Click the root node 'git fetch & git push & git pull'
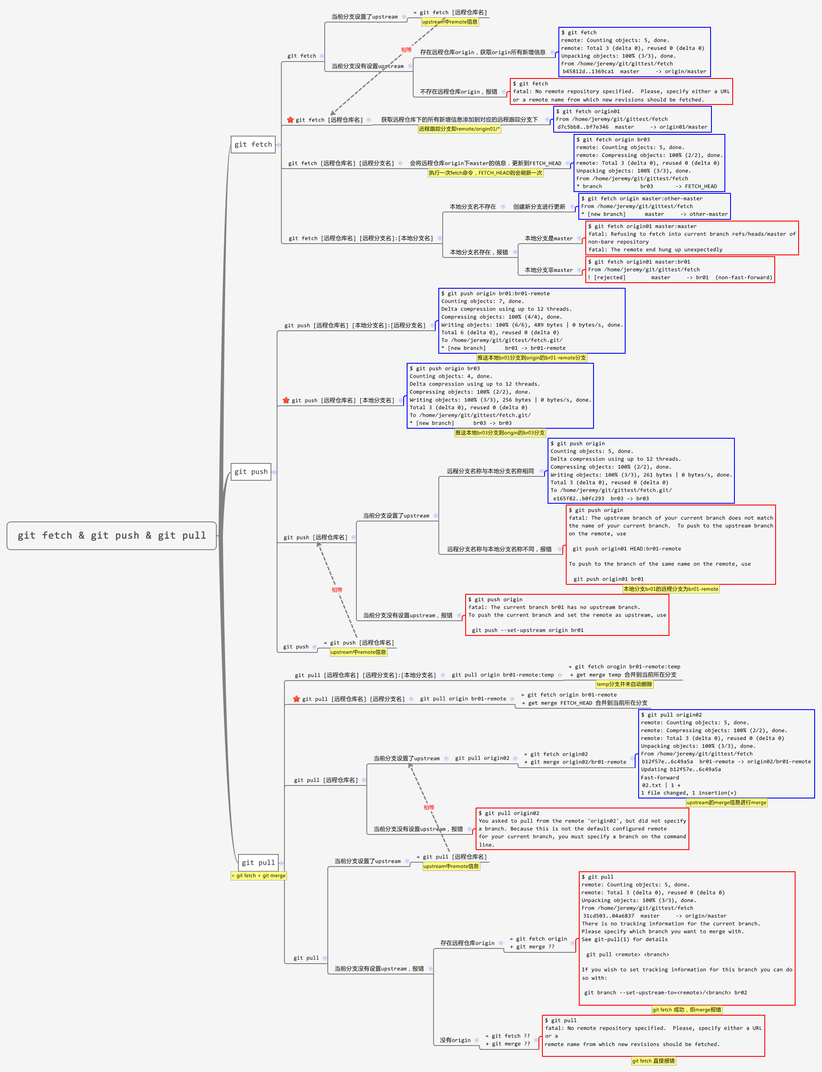point(111,536)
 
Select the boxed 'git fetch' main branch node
point(253,144)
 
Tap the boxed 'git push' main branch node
point(251,472)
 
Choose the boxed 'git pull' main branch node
point(258,863)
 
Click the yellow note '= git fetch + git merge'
point(258,876)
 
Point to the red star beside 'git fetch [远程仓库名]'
point(290,120)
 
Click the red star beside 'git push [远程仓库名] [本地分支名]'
point(286,400)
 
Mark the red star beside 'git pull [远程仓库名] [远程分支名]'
point(297,699)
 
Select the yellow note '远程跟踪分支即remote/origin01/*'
point(459,129)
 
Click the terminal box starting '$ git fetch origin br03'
point(649,163)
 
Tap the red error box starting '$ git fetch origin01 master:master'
point(692,238)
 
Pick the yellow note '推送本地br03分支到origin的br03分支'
point(499,433)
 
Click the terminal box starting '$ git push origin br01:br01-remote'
point(532,320)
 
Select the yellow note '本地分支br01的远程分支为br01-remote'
point(670,589)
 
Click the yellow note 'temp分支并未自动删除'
point(624,684)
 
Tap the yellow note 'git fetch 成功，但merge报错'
point(686,1010)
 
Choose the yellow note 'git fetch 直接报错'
point(653,1061)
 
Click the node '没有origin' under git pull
point(455,1040)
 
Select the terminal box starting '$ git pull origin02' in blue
point(726,753)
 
